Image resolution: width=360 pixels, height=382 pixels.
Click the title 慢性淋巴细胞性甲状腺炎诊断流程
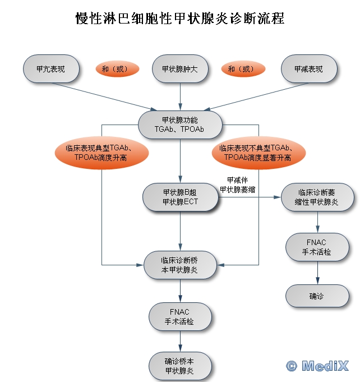click(180, 19)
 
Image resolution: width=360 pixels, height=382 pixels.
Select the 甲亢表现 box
click(50, 69)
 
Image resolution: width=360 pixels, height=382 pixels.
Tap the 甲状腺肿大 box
click(180, 69)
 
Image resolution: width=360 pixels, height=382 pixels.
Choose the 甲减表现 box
click(309, 69)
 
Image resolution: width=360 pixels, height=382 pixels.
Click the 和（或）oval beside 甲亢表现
click(115, 69)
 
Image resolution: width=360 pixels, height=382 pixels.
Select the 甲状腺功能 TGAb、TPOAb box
click(180, 125)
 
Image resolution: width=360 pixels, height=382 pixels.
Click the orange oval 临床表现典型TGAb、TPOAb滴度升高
click(101, 153)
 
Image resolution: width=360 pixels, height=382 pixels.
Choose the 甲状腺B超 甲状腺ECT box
click(180, 197)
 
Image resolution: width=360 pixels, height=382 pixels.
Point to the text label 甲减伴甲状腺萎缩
click(237, 185)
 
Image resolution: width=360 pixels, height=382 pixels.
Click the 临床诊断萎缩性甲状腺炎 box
click(318, 197)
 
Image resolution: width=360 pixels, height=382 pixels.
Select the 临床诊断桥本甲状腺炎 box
click(180, 265)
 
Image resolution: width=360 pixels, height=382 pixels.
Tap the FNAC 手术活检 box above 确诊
click(318, 247)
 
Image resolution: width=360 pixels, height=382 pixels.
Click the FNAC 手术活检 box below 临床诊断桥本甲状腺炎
click(180, 317)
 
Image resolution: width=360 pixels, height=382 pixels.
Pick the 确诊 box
click(318, 296)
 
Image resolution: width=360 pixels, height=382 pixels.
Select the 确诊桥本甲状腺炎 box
click(180, 366)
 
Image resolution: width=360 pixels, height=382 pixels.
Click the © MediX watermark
click(317, 366)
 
